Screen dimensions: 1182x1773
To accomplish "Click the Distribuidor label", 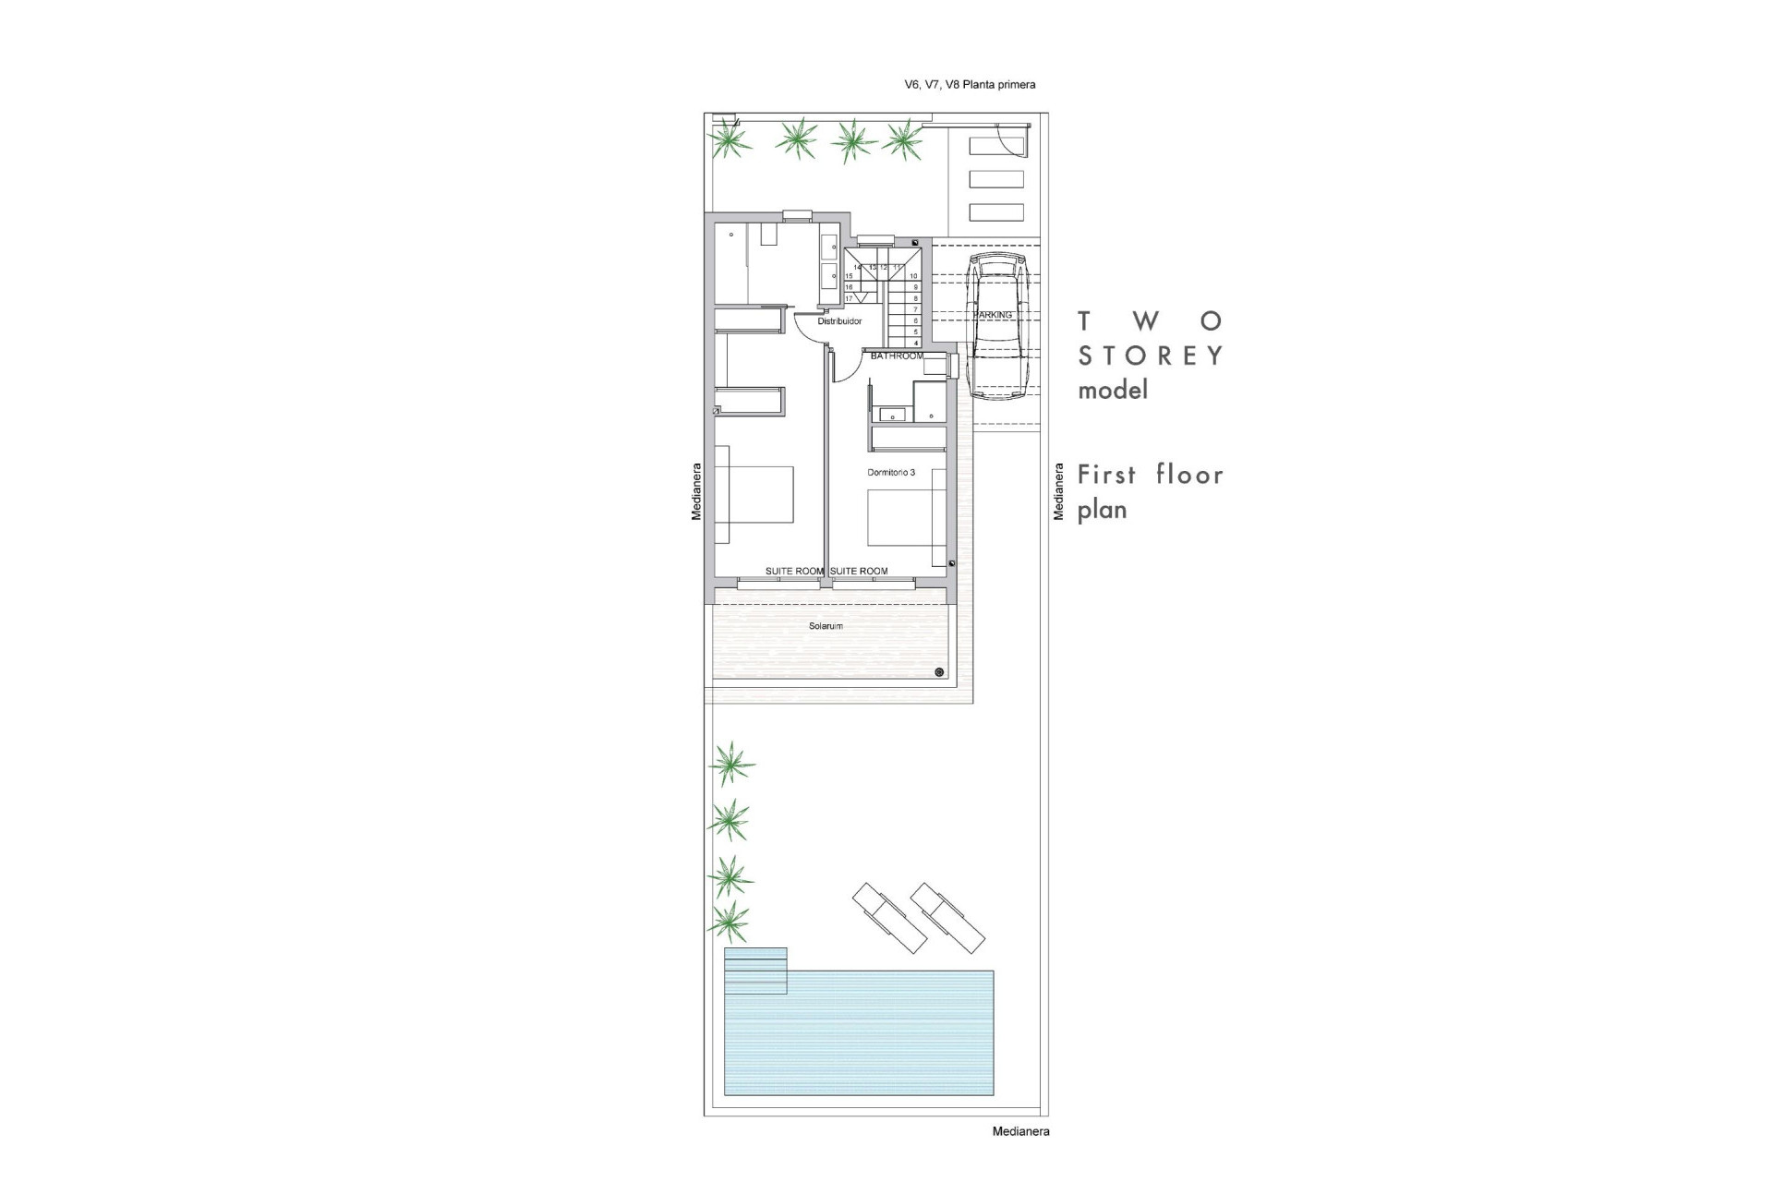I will point(839,321).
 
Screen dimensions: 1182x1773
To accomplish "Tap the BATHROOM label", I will point(897,356).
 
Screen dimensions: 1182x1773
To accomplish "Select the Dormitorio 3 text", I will point(891,473).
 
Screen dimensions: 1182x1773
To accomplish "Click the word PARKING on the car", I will point(993,315).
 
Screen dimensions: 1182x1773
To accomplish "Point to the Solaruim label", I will point(826,626).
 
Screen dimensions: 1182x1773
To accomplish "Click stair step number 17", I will point(849,298).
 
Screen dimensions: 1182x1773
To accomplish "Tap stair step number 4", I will point(915,343).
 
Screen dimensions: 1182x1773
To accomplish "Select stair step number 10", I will point(913,276).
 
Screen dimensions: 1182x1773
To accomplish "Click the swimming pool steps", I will point(755,971).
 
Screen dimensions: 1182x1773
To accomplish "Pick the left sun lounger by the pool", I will point(889,918).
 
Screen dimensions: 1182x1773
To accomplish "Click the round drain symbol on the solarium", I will point(939,672).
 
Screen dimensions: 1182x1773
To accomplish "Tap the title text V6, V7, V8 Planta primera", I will point(970,85).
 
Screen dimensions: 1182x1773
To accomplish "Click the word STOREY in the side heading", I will point(1151,356).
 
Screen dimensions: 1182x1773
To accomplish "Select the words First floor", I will point(1151,475).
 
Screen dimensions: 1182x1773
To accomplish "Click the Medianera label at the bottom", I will point(1020,1131).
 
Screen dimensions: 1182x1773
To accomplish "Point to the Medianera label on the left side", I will point(697,491).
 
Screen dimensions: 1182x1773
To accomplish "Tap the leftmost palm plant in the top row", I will point(730,140).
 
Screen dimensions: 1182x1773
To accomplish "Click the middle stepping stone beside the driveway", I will point(996,179).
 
